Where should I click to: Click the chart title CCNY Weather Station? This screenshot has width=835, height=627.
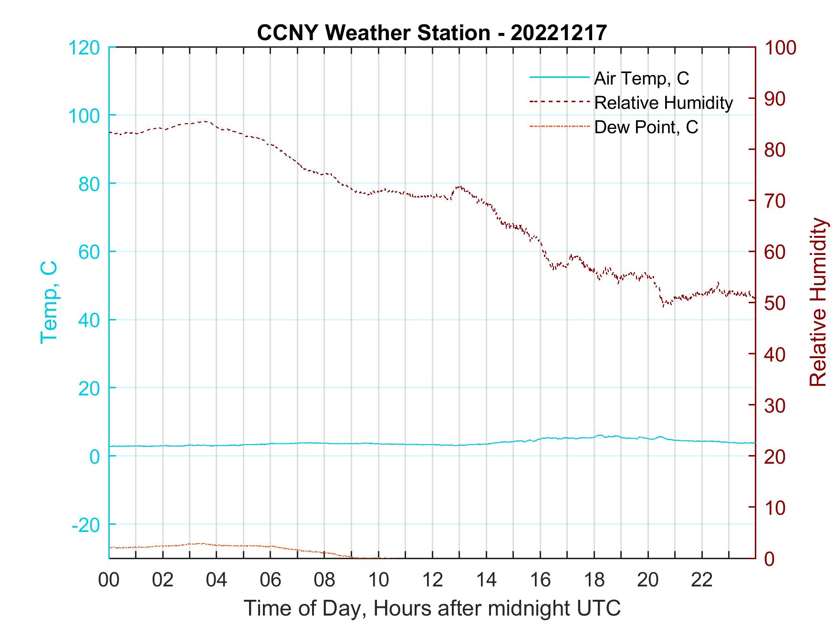[x=432, y=32]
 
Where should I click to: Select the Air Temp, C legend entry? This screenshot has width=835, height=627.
[x=641, y=78]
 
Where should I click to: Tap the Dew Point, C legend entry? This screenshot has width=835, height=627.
[x=646, y=127]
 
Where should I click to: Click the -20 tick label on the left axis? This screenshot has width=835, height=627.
[x=86, y=525]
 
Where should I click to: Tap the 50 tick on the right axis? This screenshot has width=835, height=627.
[x=775, y=303]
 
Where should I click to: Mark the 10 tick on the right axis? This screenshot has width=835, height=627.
[x=775, y=508]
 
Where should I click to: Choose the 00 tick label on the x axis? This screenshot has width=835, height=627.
[x=109, y=580]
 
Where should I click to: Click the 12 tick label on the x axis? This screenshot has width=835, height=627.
[x=432, y=580]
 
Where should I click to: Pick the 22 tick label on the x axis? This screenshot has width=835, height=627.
[x=702, y=580]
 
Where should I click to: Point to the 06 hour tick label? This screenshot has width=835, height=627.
[x=271, y=580]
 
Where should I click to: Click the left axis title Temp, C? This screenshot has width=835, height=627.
[x=49, y=302]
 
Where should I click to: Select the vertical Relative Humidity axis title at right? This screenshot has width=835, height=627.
[x=817, y=302]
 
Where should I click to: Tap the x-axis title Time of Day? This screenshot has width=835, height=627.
[x=432, y=608]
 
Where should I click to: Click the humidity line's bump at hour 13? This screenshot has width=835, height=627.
[x=459, y=187]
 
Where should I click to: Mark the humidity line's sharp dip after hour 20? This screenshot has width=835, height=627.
[x=663, y=305]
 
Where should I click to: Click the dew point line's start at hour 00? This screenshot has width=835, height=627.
[x=110, y=547]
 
